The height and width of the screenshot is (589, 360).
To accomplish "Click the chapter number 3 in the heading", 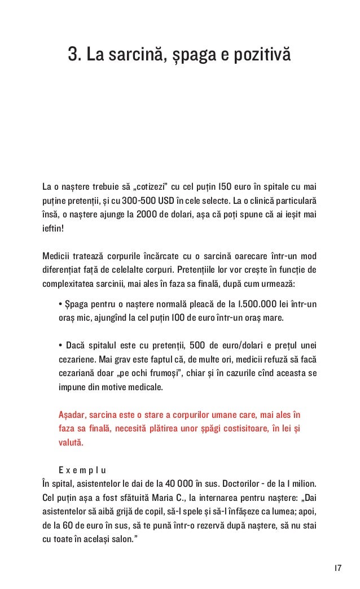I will [72, 55].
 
